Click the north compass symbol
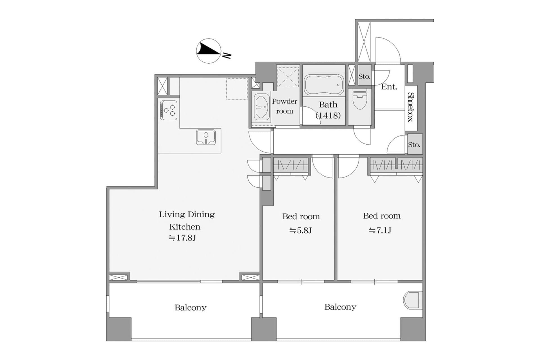209,51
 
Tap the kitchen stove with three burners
169,110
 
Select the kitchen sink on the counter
206,137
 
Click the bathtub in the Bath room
324,85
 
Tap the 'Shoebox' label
411,107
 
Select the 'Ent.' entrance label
389,87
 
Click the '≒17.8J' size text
182,238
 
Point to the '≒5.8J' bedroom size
301,231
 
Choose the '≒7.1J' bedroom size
380,231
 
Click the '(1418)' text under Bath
328,115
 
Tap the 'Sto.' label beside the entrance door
364,76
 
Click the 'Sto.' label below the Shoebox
414,145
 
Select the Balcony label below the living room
190,308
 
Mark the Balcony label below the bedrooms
340,307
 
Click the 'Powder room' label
285,106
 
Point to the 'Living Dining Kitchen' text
186,220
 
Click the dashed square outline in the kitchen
237,89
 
